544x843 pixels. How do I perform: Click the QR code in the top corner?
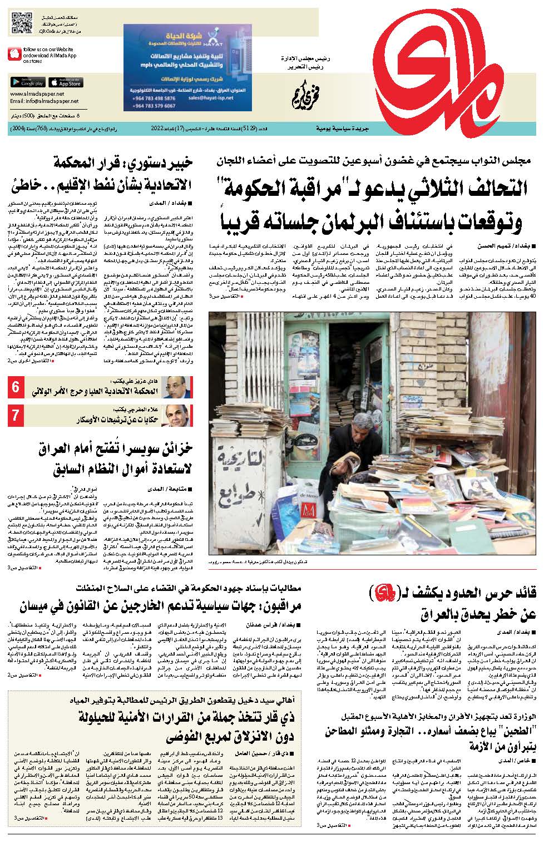click(21, 21)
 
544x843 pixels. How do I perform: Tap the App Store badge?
click(65, 82)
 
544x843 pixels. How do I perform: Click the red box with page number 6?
click(16, 388)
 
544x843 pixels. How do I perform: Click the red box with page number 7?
click(16, 414)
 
